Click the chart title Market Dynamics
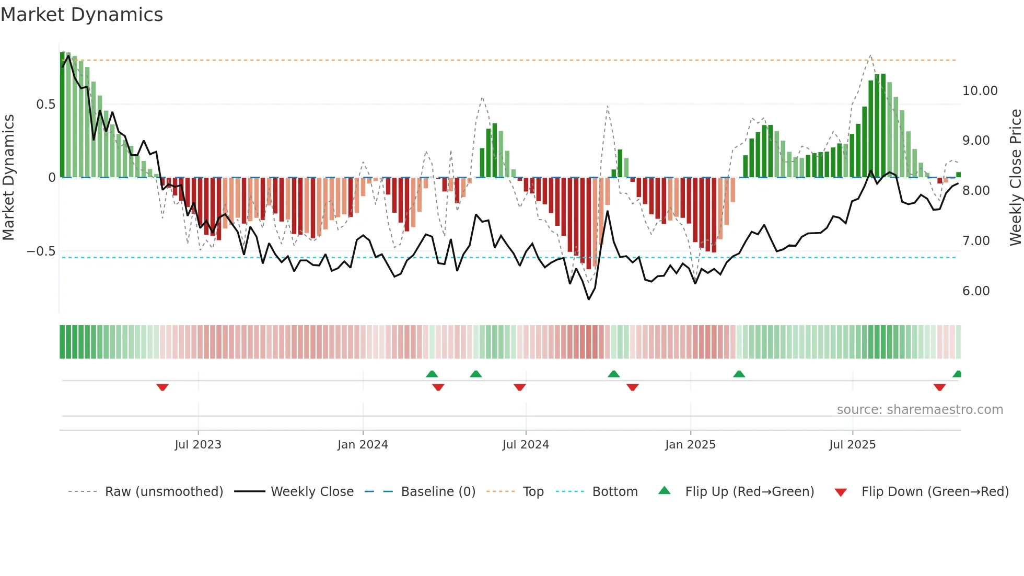click(x=82, y=15)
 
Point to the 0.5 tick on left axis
click(x=45, y=105)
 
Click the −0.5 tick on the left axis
click(x=41, y=251)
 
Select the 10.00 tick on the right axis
click(x=980, y=91)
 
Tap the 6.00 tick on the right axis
click(x=975, y=291)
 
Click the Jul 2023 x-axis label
click(x=198, y=445)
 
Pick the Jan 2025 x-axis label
click(x=690, y=445)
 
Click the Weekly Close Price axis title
click(x=1015, y=178)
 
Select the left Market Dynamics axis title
click(x=8, y=178)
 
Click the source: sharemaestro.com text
click(x=920, y=410)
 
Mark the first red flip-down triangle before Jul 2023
click(x=162, y=387)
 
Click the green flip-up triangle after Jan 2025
click(x=739, y=374)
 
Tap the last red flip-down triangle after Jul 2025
click(x=939, y=387)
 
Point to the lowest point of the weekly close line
click(x=589, y=299)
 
